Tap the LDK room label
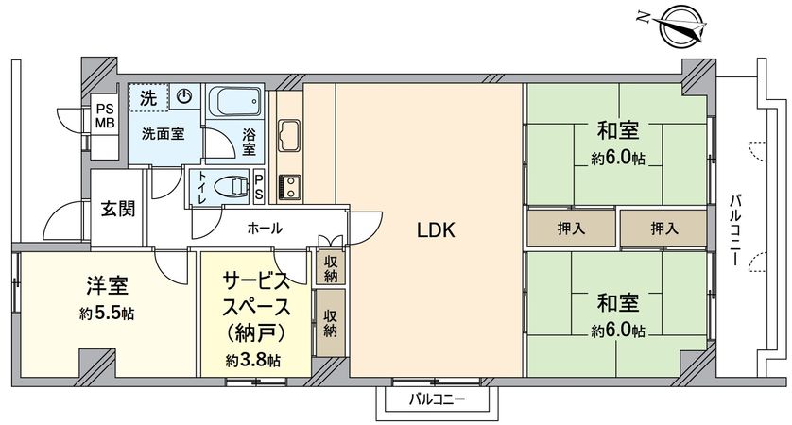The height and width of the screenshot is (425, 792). pyautogui.click(x=437, y=229)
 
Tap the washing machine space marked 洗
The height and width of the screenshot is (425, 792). pyautogui.click(x=149, y=96)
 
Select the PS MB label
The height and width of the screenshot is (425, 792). pyautogui.click(x=104, y=117)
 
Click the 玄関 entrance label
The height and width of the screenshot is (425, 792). pyautogui.click(x=118, y=208)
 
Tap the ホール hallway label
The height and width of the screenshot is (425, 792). pyautogui.click(x=264, y=228)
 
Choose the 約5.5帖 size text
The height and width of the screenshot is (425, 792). pyautogui.click(x=106, y=313)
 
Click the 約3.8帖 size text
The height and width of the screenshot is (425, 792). pyautogui.click(x=252, y=360)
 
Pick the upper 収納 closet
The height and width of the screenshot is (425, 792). pyautogui.click(x=331, y=267)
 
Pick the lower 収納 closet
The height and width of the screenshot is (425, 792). pyautogui.click(x=331, y=323)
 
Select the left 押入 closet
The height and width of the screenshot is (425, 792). pyautogui.click(x=570, y=229)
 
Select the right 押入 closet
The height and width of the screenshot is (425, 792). pyautogui.click(x=663, y=229)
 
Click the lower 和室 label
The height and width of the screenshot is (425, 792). pyautogui.click(x=618, y=303)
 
